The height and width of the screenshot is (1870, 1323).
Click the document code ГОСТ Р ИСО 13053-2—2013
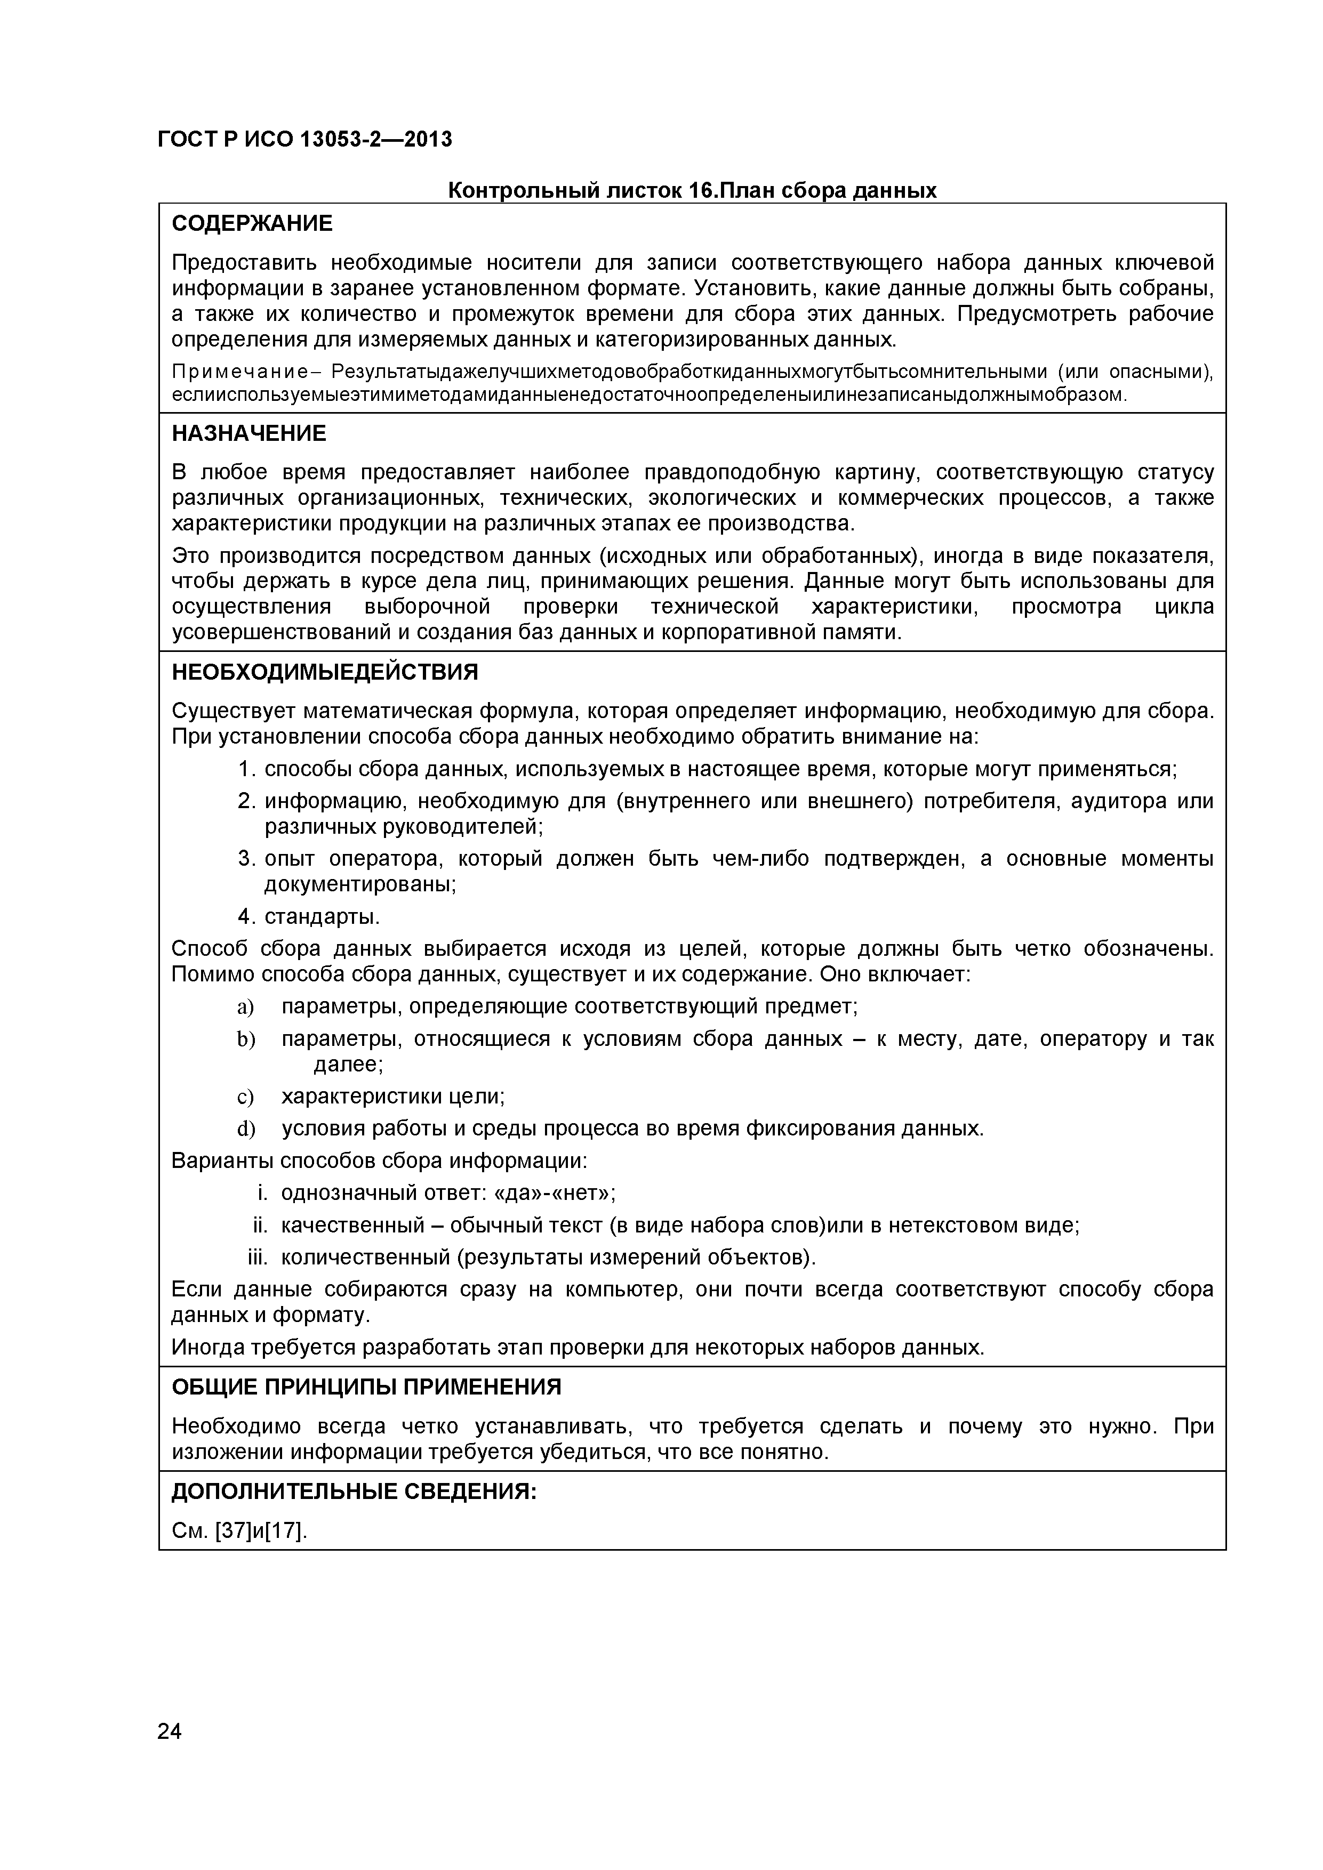tap(304, 140)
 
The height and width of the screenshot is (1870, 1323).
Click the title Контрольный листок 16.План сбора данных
tap(693, 191)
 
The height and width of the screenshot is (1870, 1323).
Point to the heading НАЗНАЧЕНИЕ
tap(248, 434)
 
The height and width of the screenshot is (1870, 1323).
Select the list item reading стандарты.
tap(322, 917)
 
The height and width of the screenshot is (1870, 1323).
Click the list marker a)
tap(245, 1007)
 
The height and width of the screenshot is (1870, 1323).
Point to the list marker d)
tap(245, 1130)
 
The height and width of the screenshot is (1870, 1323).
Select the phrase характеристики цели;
tap(392, 1097)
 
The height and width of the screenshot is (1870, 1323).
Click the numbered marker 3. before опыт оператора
tap(247, 859)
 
